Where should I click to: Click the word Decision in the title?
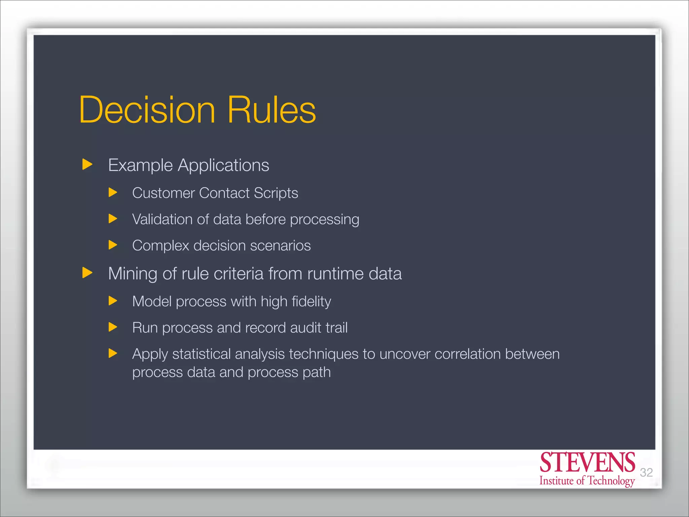point(147,110)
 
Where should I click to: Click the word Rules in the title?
point(271,110)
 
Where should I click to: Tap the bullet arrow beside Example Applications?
point(87,165)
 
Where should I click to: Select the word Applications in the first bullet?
point(223,166)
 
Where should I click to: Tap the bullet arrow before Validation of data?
point(113,219)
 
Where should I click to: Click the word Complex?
point(161,246)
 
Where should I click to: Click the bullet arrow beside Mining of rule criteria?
point(87,273)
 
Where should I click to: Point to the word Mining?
point(133,274)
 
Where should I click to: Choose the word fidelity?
point(311,302)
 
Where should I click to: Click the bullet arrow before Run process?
point(113,327)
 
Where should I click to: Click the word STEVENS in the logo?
point(587,463)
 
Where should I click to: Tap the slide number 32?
point(646,473)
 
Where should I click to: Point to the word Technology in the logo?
point(611,481)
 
